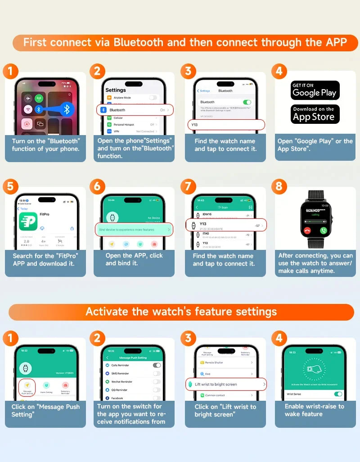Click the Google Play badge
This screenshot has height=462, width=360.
(315, 90)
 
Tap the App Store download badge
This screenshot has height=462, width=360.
(315, 114)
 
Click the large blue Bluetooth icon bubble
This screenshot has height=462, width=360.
(67, 109)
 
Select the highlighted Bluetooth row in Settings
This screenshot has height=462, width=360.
(135, 110)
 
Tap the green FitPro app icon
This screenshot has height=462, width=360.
(27, 221)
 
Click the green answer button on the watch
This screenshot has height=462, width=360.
(323, 230)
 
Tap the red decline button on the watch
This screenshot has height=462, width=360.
(307, 230)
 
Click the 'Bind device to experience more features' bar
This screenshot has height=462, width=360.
(134, 230)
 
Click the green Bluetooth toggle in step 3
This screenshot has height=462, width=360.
(247, 102)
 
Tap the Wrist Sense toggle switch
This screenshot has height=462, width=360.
(337, 394)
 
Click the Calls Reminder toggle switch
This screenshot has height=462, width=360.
(157, 365)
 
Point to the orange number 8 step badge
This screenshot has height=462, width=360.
(279, 186)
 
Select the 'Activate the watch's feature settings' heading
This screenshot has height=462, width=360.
(181, 312)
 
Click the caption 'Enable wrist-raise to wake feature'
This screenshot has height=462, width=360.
(314, 410)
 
